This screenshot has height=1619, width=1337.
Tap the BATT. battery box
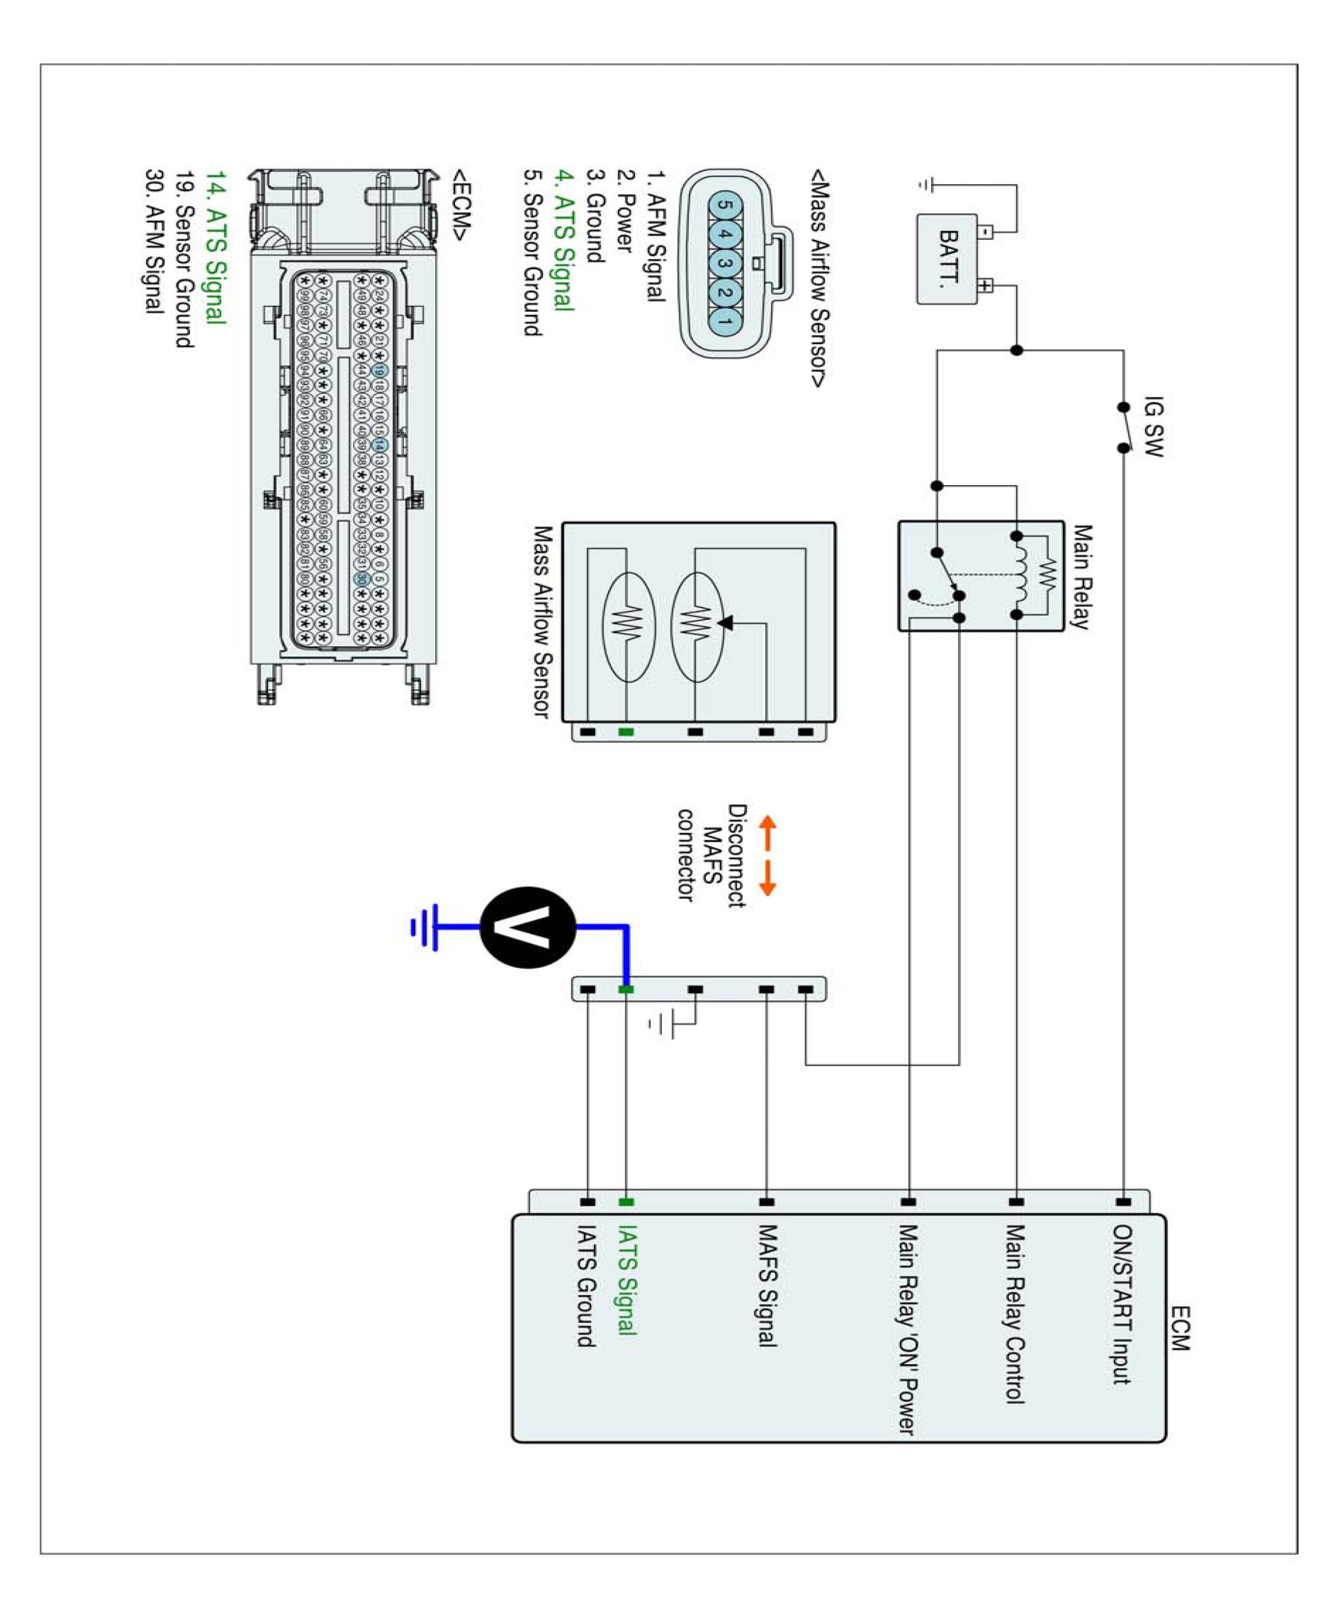947,260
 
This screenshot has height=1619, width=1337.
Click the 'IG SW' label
1152,427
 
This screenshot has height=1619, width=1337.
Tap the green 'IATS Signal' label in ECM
628,1280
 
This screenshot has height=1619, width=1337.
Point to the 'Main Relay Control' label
1015,1314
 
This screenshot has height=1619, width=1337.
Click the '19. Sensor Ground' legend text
184,259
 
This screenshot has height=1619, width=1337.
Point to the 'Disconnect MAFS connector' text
712,855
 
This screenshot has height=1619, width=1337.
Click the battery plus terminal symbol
986,286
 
